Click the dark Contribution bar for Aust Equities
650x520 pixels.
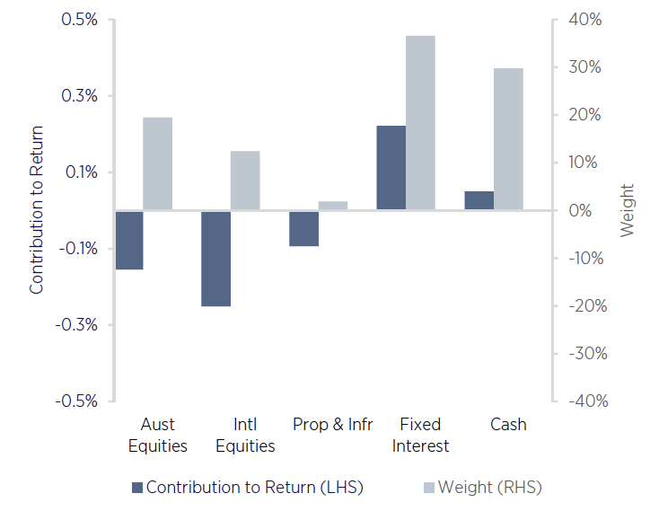click(129, 240)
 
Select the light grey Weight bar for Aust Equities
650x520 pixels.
click(158, 164)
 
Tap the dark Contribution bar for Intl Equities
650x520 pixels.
click(216, 259)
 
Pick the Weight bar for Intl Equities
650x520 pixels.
click(245, 181)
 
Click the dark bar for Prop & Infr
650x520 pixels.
click(303, 228)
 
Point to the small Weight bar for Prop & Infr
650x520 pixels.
click(332, 206)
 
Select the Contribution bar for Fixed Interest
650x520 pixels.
click(391, 168)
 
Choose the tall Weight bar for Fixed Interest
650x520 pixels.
click(420, 123)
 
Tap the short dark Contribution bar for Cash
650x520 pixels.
click(479, 201)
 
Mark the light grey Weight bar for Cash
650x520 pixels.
click(508, 139)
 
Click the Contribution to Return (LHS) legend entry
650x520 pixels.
click(247, 488)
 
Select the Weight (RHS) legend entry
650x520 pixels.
click(482, 488)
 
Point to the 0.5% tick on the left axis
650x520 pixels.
click(80, 20)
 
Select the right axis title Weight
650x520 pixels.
click(627, 210)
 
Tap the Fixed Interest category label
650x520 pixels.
click(420, 435)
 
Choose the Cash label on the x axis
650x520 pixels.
click(508, 424)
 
